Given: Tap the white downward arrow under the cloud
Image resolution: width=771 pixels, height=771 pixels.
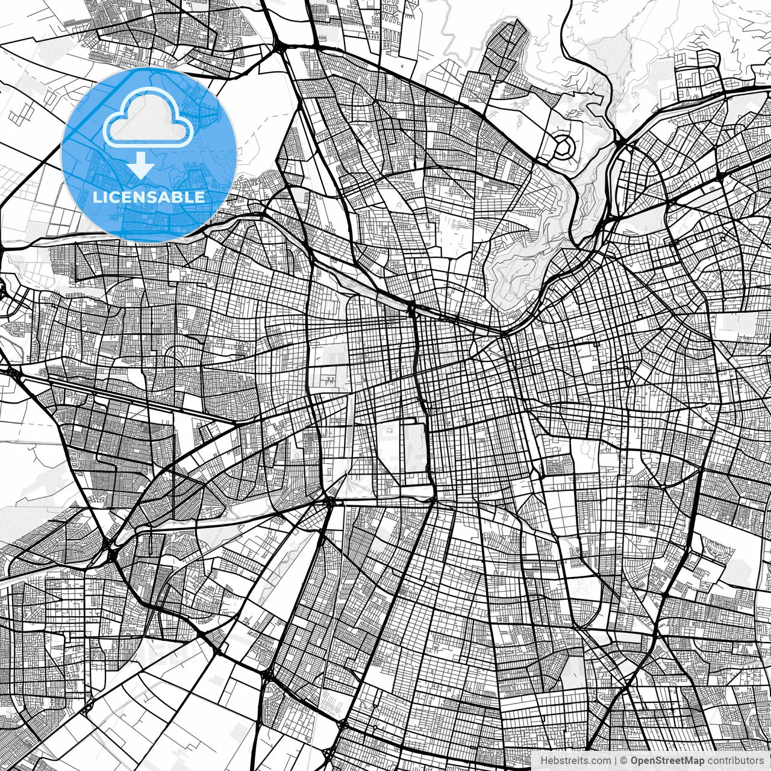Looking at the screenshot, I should click(141, 166).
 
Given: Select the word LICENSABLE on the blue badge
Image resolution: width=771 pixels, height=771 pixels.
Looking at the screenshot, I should click(148, 197).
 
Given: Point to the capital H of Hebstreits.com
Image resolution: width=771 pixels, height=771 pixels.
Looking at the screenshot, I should click(544, 761).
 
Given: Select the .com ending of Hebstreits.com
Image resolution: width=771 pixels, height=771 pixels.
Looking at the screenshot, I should click(600, 761).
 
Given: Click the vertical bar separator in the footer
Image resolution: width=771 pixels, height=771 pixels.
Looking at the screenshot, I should click(616, 761).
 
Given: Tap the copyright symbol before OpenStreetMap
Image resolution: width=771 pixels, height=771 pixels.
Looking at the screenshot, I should click(625, 761).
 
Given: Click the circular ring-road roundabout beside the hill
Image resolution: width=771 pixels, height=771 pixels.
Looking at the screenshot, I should click(564, 146).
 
